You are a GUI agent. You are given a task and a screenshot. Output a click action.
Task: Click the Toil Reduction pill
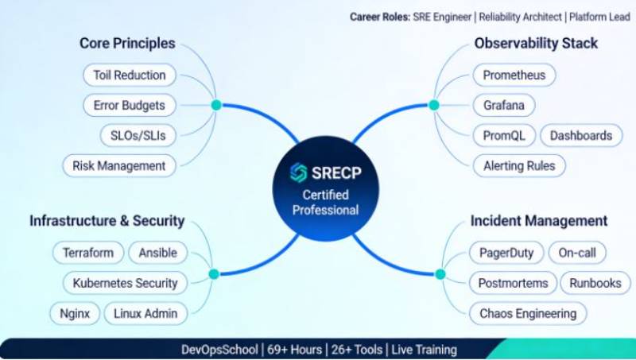click(x=129, y=75)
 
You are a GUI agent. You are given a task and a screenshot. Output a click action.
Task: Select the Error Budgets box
click(x=129, y=105)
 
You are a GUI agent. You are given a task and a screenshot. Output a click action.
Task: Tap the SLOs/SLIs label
click(x=139, y=135)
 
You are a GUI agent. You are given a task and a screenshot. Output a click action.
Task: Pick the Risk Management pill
click(x=118, y=165)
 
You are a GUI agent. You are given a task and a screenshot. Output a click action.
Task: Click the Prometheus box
click(x=514, y=75)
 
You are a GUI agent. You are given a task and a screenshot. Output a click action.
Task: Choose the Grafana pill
click(x=504, y=105)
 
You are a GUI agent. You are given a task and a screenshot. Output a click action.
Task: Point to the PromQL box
click(x=504, y=135)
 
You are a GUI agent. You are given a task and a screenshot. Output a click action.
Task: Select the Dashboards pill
click(x=581, y=135)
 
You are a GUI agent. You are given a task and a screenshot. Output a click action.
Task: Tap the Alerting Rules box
click(x=519, y=165)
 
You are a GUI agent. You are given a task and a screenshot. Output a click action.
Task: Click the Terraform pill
click(x=87, y=253)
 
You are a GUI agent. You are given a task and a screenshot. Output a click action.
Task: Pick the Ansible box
click(x=157, y=253)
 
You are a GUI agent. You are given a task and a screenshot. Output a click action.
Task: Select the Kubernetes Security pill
click(x=125, y=282)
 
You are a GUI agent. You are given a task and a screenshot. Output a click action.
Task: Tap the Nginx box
click(x=74, y=312)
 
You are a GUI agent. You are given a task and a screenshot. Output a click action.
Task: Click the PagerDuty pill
click(x=506, y=253)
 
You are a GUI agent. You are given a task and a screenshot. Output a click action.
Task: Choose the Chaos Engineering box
click(x=528, y=312)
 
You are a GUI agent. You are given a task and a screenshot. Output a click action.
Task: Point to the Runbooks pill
click(x=595, y=282)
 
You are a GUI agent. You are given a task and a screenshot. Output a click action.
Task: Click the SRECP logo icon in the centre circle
click(x=298, y=173)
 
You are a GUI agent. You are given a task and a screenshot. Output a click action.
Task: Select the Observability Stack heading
click(x=536, y=44)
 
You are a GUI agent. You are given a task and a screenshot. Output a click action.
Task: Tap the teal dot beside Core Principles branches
click(x=215, y=105)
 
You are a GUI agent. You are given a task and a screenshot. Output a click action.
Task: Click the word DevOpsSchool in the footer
click(x=219, y=350)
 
